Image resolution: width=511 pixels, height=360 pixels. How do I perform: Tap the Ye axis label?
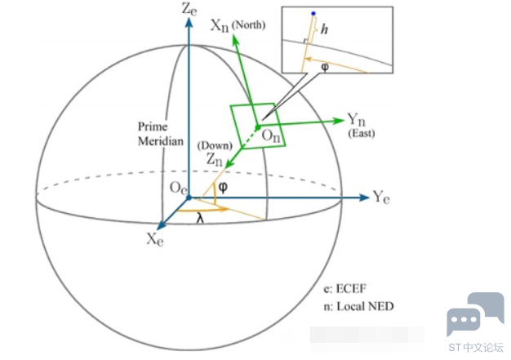382,197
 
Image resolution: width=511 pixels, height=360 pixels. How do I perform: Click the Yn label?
356,120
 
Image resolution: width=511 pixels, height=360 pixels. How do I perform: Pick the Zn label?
214,161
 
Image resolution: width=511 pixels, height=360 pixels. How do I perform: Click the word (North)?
249,25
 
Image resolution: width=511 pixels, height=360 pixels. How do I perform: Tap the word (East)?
361,132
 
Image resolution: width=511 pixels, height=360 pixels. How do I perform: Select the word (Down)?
212,145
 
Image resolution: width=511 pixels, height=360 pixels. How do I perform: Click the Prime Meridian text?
158,133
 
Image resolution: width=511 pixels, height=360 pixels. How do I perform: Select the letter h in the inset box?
325,29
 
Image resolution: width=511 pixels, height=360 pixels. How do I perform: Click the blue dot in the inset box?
311,14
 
